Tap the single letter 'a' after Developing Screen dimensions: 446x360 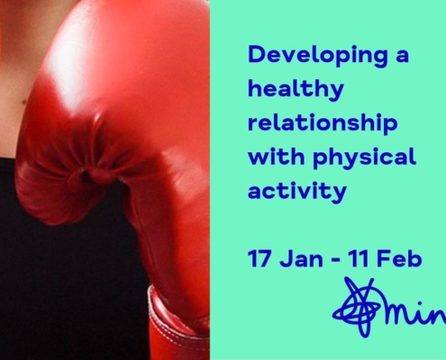(x=402, y=56)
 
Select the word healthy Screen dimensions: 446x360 (x=296, y=89)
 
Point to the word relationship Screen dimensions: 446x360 (x=323, y=123)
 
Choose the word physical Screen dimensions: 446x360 (x=365, y=157)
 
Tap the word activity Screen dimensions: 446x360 (x=297, y=191)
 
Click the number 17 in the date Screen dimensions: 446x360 (x=259, y=258)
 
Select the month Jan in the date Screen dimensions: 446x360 (x=301, y=258)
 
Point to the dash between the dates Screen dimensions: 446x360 (x=336, y=259)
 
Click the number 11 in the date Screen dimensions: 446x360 (x=358, y=258)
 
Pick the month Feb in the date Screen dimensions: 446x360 (x=399, y=258)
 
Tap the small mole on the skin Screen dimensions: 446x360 (x=23, y=103)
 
